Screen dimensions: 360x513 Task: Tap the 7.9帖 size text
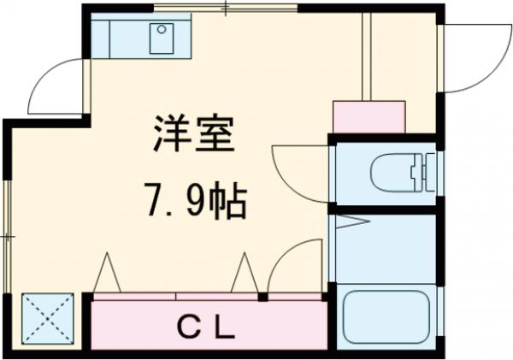(197, 204)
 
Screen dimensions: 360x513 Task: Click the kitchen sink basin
(161, 38)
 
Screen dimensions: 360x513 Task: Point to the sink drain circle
(161, 30)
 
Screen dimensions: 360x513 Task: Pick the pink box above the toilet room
(368, 116)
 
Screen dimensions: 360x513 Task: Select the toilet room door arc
(299, 171)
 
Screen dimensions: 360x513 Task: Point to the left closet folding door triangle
(108, 274)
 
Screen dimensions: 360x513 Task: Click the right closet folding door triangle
(244, 274)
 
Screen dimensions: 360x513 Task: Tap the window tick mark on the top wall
(226, 9)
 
